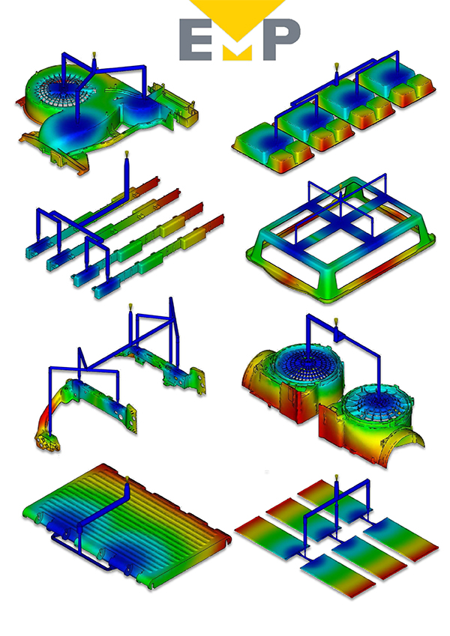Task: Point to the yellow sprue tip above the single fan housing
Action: click(94, 54)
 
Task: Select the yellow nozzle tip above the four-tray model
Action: click(336, 66)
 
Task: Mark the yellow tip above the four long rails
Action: click(127, 154)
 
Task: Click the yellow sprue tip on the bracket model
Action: click(130, 306)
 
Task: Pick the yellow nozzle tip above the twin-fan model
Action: click(336, 322)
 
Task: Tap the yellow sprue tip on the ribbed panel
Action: click(127, 479)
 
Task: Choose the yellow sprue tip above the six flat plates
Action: click(336, 477)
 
